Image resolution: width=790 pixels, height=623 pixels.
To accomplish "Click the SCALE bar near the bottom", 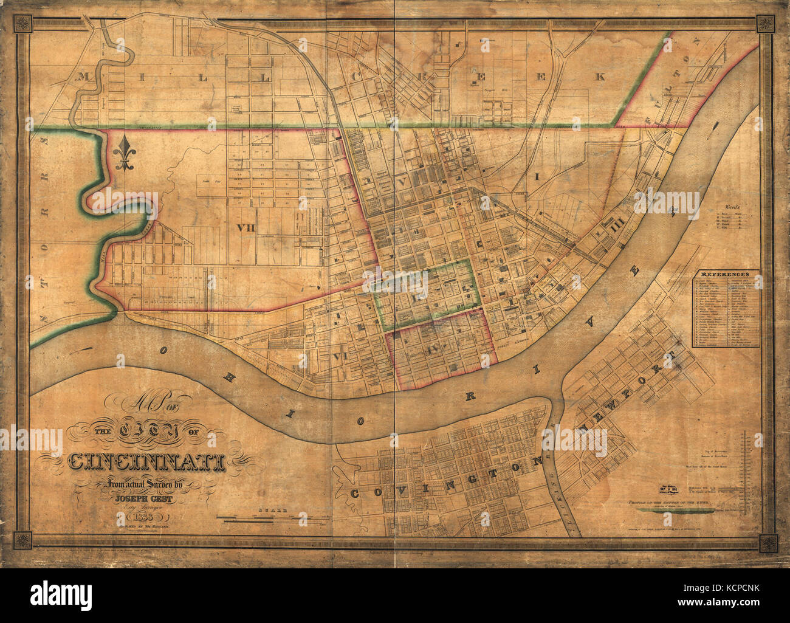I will pyautogui.click(x=267, y=518).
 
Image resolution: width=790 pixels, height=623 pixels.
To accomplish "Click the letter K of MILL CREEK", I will pyautogui.click(x=600, y=76).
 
